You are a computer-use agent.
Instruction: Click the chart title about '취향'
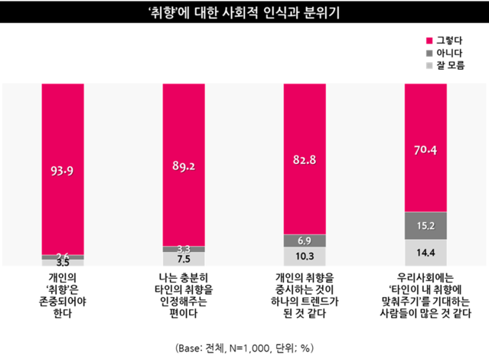tap(244, 13)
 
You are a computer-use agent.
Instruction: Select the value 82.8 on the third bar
tap(305, 159)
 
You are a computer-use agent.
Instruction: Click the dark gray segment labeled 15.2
tap(425, 224)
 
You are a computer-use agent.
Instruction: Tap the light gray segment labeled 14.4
tap(425, 251)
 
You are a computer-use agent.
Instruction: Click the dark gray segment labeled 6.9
tap(305, 241)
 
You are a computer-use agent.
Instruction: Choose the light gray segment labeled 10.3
tap(305, 256)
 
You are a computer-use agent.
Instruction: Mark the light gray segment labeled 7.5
tap(184, 259)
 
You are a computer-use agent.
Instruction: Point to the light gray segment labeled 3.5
tap(63, 262)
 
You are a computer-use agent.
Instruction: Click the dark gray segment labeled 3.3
tap(184, 249)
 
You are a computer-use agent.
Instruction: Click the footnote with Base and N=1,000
tap(244, 346)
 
